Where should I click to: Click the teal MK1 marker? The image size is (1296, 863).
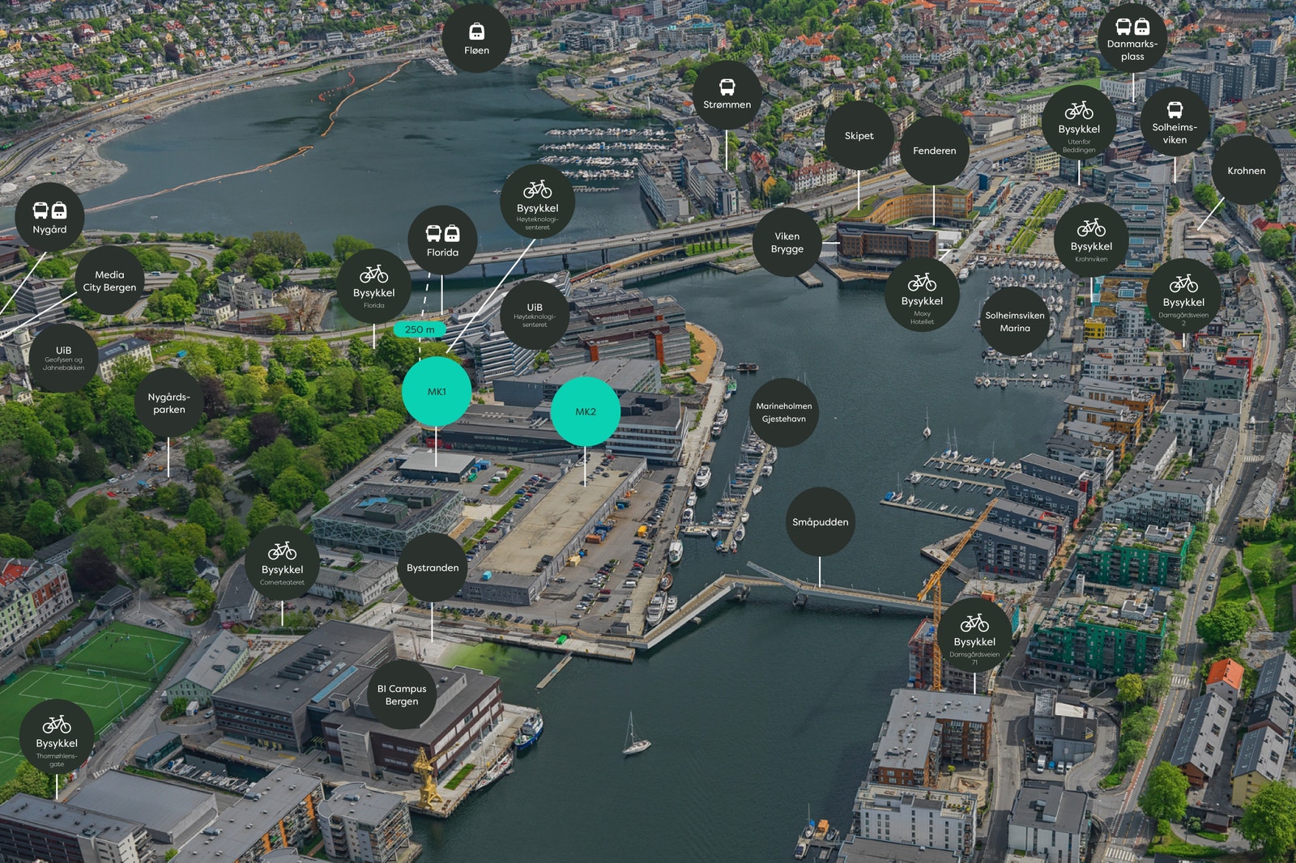pyautogui.click(x=437, y=391)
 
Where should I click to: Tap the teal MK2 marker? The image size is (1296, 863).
pyautogui.click(x=585, y=411)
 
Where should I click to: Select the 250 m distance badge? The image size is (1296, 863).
pyautogui.click(x=420, y=329)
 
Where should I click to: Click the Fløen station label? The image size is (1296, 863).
pyautogui.click(x=476, y=38)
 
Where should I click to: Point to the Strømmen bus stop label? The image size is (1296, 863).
pyautogui.click(x=727, y=95)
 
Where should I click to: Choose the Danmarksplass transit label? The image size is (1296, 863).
pyautogui.click(x=1132, y=38)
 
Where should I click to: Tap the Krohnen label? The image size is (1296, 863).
pyautogui.click(x=1246, y=170)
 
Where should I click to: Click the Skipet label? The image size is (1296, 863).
pyautogui.click(x=859, y=135)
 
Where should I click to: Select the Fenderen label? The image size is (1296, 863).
pyautogui.click(x=934, y=151)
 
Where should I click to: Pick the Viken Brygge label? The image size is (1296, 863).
pyautogui.click(x=787, y=242)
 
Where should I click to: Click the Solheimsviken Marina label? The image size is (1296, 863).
pyautogui.click(x=1015, y=321)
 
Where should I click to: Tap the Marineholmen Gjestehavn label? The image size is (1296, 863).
pyautogui.click(x=783, y=412)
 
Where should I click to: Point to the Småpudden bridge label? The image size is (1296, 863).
pyautogui.click(x=820, y=521)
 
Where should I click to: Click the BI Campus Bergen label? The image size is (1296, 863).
pyautogui.click(x=402, y=695)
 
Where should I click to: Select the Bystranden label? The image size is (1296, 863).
pyautogui.click(x=433, y=568)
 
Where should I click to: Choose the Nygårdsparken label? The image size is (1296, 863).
pyautogui.click(x=168, y=402)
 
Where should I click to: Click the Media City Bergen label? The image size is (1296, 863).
pyautogui.click(x=109, y=281)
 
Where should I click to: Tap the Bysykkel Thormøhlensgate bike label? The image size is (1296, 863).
pyautogui.click(x=57, y=737)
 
